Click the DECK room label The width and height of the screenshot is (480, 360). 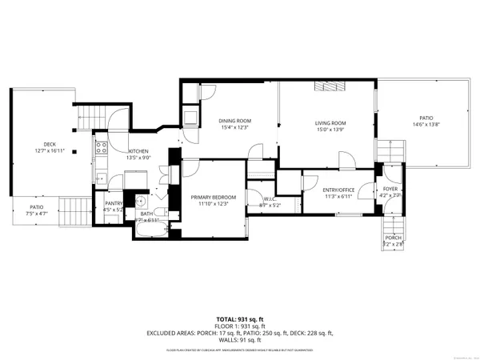pyautogui.click(x=50, y=144)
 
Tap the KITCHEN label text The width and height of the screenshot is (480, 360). pyautogui.click(x=138, y=150)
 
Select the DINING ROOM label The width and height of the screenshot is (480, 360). pyautogui.click(x=234, y=121)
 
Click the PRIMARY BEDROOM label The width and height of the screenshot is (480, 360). pyautogui.click(x=213, y=197)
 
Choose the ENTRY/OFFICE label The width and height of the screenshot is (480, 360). pyautogui.click(x=338, y=190)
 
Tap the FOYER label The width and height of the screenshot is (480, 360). pyautogui.click(x=390, y=188)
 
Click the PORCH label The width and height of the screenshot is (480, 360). pyautogui.click(x=394, y=237)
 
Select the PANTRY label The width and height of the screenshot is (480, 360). pyautogui.click(x=113, y=204)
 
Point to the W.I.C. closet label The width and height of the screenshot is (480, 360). pyautogui.click(x=261, y=199)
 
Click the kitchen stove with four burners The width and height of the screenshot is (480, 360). pyautogui.click(x=102, y=147)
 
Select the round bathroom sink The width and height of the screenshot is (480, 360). pyautogui.click(x=139, y=201)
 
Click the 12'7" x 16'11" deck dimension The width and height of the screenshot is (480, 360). pyautogui.click(x=50, y=150)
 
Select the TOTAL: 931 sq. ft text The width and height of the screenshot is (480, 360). pyautogui.click(x=239, y=319)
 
